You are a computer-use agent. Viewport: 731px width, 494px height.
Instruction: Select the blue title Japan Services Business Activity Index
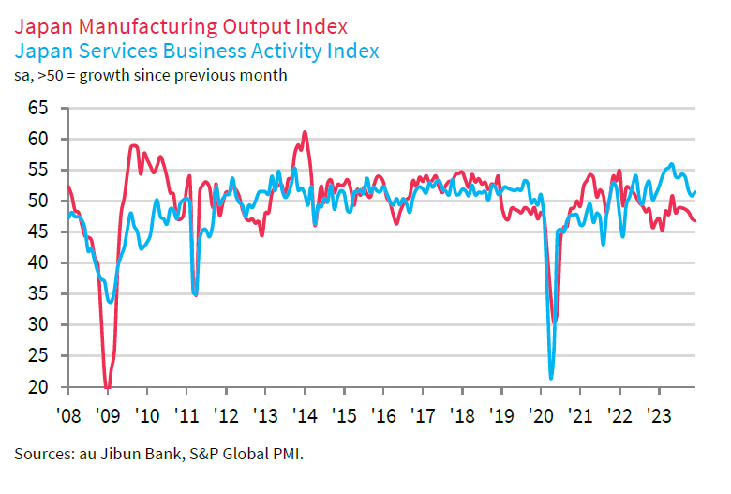pyautogui.click(x=197, y=49)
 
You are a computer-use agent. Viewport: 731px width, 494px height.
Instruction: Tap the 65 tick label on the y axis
pyautogui.click(x=37, y=108)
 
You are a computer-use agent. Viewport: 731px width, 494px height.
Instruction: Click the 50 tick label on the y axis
pyautogui.click(x=37, y=201)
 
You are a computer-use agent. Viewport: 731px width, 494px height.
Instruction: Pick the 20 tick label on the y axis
pyautogui.click(x=37, y=386)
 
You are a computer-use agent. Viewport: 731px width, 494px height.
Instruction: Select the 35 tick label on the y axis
pyautogui.click(x=37, y=293)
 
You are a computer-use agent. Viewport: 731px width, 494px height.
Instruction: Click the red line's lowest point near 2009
pyautogui.click(x=108, y=386)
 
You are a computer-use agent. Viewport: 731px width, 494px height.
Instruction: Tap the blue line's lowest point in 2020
pyautogui.click(x=551, y=378)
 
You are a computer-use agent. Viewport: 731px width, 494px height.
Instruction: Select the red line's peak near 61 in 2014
pyautogui.click(x=305, y=132)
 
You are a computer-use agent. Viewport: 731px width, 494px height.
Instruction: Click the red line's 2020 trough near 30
pyautogui.click(x=555, y=322)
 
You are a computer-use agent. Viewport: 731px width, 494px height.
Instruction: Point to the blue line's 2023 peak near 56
pyautogui.click(x=671, y=165)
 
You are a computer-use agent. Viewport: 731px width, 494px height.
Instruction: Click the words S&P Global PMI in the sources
pyautogui.click(x=248, y=454)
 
